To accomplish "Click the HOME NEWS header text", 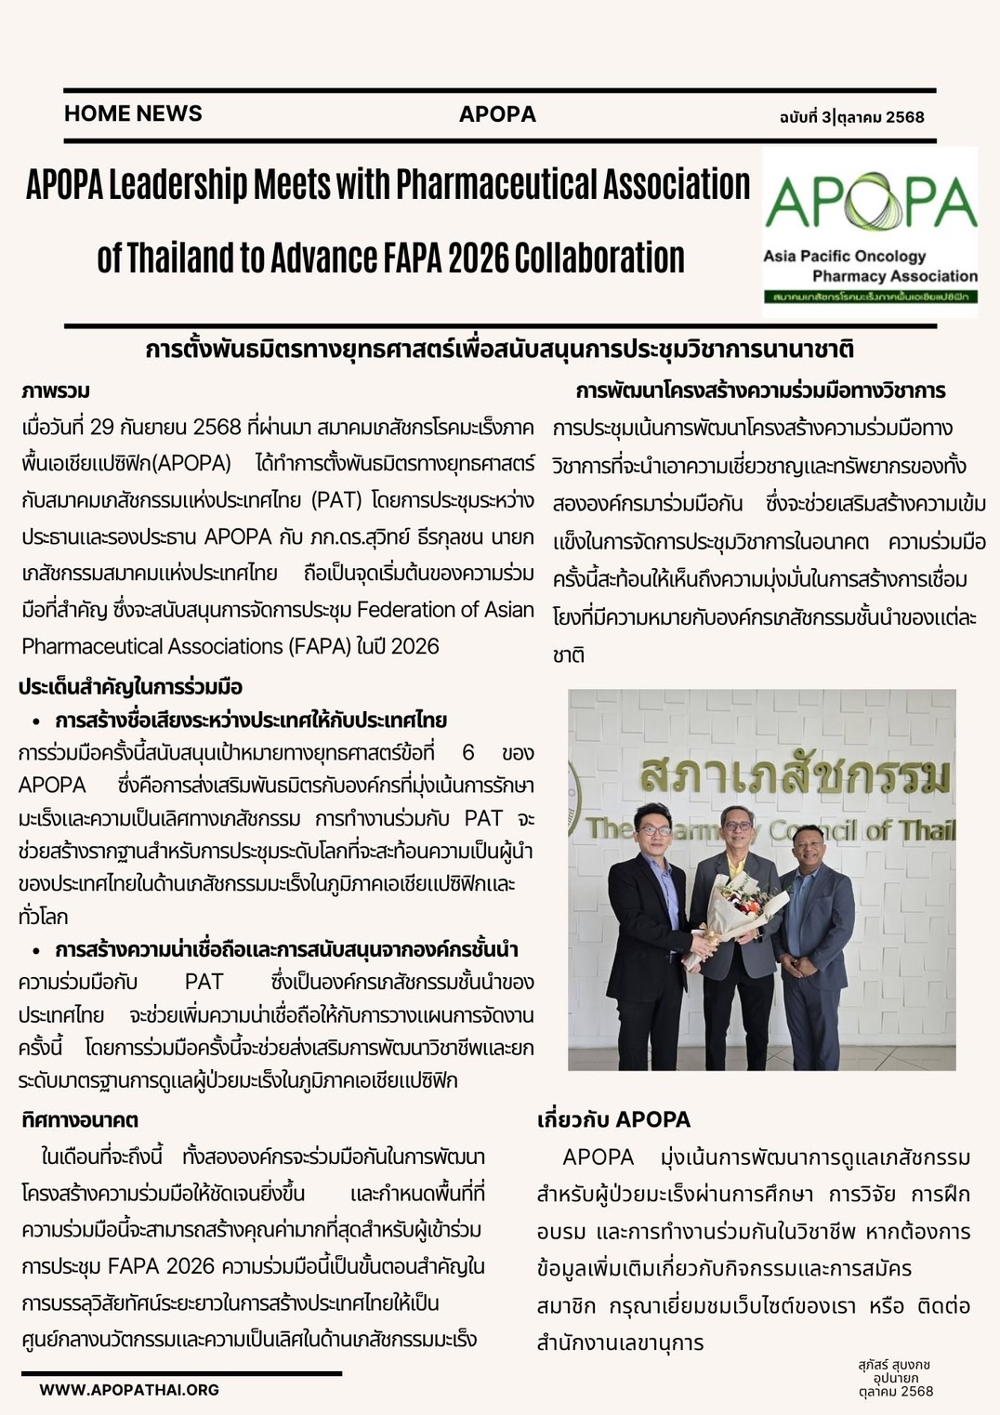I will (x=133, y=113).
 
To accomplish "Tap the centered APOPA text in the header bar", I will (x=497, y=114).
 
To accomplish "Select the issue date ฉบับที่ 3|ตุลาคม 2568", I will (x=851, y=116).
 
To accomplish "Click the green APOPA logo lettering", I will (x=870, y=202).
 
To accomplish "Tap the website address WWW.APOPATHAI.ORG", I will (x=129, y=1390).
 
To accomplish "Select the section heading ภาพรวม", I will (x=56, y=390).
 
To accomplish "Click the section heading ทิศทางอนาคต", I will (x=80, y=1120).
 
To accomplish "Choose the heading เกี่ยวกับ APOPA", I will (x=613, y=1119).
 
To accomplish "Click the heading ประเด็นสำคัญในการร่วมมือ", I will (x=131, y=687).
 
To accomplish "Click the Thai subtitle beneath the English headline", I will (x=499, y=350).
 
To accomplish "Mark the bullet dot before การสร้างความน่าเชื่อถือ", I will (x=36, y=950).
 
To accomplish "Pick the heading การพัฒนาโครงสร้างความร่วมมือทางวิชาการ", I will (x=760, y=390).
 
